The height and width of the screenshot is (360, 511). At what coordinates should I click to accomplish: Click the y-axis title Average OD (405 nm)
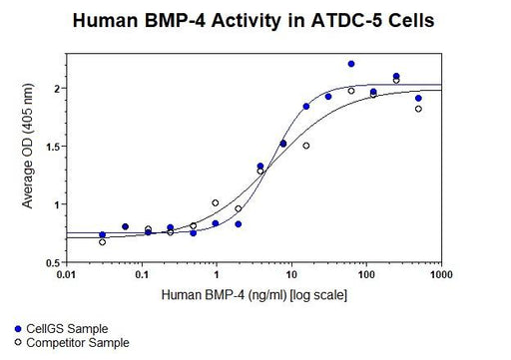[28, 147]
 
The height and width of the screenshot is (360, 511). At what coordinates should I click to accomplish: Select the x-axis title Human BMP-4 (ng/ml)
[224, 295]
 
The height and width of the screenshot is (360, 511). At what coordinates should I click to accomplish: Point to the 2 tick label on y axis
[57, 89]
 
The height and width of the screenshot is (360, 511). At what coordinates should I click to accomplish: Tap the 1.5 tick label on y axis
[53, 147]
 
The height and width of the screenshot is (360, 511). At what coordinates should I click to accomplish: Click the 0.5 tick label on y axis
[53, 263]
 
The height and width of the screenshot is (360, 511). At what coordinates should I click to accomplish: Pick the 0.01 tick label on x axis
[67, 275]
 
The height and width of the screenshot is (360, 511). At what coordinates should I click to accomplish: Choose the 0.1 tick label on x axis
[142, 275]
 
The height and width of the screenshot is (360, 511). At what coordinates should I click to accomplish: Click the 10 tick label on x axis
[291, 275]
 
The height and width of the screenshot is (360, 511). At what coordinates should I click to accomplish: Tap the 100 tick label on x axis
[366, 275]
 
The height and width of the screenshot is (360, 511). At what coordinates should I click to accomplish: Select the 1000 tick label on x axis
[441, 275]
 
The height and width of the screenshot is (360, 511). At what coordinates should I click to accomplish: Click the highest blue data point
[351, 64]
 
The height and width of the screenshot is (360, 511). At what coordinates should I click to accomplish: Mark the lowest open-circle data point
[102, 242]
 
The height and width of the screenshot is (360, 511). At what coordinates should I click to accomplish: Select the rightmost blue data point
[418, 99]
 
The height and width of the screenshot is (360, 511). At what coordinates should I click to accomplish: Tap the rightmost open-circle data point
[418, 109]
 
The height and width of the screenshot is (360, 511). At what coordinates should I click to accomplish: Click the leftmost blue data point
[102, 234]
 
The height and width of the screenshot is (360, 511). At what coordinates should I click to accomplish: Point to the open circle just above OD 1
[216, 202]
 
